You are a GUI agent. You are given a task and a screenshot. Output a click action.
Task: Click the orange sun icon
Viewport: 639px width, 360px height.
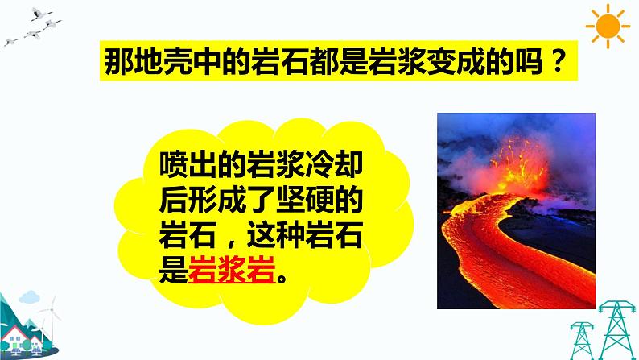tap(608, 27)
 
